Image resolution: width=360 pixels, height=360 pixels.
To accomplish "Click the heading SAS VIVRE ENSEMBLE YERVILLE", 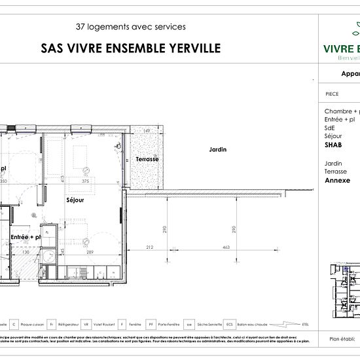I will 131,48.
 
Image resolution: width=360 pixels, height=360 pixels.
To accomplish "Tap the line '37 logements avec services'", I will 131,27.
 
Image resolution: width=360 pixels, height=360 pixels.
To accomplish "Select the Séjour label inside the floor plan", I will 76,200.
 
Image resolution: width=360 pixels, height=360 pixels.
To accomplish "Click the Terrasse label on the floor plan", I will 147,159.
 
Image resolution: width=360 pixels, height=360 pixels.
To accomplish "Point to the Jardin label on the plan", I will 217,150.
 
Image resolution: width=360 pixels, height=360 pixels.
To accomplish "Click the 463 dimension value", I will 225,247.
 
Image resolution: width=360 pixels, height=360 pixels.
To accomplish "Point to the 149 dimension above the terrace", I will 147,132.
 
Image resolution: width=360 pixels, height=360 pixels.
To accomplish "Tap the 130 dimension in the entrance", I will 27,252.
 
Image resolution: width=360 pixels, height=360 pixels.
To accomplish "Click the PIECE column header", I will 332,94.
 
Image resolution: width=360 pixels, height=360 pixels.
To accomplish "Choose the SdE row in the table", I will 330,128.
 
